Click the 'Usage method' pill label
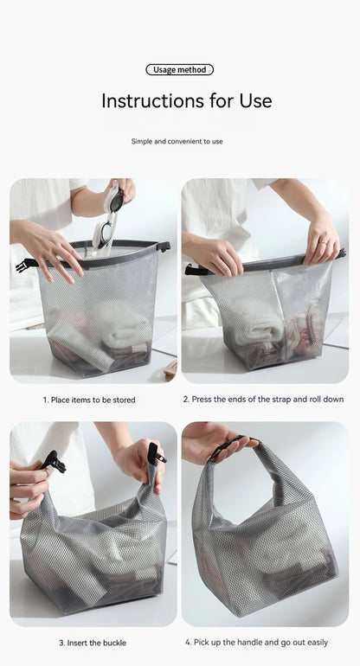(x=179, y=70)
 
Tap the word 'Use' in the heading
(x=253, y=100)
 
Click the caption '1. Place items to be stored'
(x=89, y=400)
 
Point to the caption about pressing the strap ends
(x=263, y=400)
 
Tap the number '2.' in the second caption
(x=186, y=400)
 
